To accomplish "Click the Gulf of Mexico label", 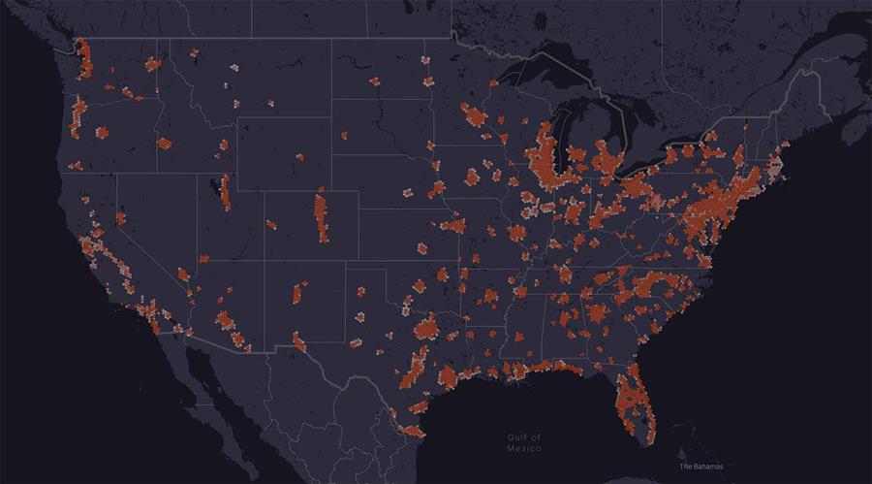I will coord(524,443).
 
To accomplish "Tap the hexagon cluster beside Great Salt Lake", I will coord(226,191).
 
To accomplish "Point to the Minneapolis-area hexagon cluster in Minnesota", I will coord(476,117).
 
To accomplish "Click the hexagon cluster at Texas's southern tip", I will coord(411,430).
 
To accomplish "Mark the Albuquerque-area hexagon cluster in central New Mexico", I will coord(298,292).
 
